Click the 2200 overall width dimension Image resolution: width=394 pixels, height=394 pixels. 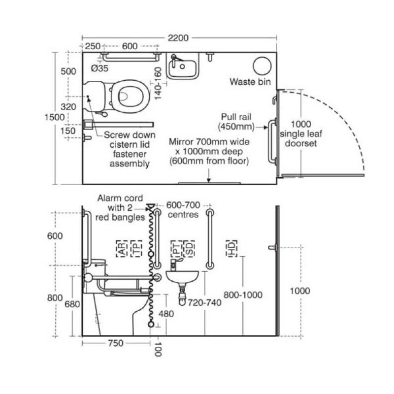pyautogui.click(x=178, y=38)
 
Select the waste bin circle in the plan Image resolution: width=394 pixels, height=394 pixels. pyautogui.click(x=262, y=66)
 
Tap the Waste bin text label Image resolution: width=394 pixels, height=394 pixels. pyautogui.click(x=250, y=82)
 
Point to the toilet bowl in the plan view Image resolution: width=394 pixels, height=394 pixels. pyautogui.click(x=131, y=96)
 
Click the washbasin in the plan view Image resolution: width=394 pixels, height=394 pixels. pyautogui.click(x=183, y=66)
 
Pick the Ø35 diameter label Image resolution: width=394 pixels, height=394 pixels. pyautogui.click(x=100, y=68)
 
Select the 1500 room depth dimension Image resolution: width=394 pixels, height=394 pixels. pyautogui.click(x=55, y=117)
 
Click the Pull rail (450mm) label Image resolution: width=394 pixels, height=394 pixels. pyautogui.click(x=236, y=122)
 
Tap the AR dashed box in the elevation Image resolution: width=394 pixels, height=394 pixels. pyautogui.click(x=122, y=249)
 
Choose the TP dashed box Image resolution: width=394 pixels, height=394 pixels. pyautogui.click(x=136, y=249)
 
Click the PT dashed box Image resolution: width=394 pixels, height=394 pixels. pyautogui.click(x=176, y=249)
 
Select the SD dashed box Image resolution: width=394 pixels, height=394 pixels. pyautogui.click(x=189, y=249)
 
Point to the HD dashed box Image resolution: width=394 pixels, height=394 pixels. pyautogui.click(x=231, y=249)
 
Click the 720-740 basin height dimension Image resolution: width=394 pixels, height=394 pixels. pyautogui.click(x=204, y=303)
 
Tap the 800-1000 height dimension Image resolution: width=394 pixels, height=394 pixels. pyautogui.click(x=243, y=295)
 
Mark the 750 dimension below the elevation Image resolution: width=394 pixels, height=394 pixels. pyautogui.click(x=116, y=343)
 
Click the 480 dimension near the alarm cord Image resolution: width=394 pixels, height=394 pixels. pyautogui.click(x=166, y=314)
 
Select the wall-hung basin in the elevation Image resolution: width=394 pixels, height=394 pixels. pyautogui.click(x=182, y=276)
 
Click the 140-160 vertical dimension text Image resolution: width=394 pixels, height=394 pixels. pyautogui.click(x=158, y=83)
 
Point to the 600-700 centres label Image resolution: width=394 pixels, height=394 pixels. pyautogui.click(x=183, y=210)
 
